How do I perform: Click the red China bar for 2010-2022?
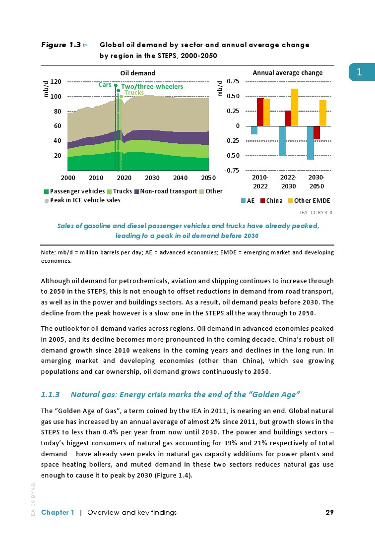tap(260, 112)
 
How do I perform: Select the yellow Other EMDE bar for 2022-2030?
tap(295, 107)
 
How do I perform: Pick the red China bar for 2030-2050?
tap(316, 132)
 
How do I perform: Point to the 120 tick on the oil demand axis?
tap(56, 81)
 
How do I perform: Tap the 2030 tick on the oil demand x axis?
tap(152, 178)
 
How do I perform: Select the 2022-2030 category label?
tap(288, 182)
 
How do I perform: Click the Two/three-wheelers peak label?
tap(152, 87)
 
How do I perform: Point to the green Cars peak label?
tap(105, 85)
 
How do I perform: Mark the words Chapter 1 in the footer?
tap(58, 513)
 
